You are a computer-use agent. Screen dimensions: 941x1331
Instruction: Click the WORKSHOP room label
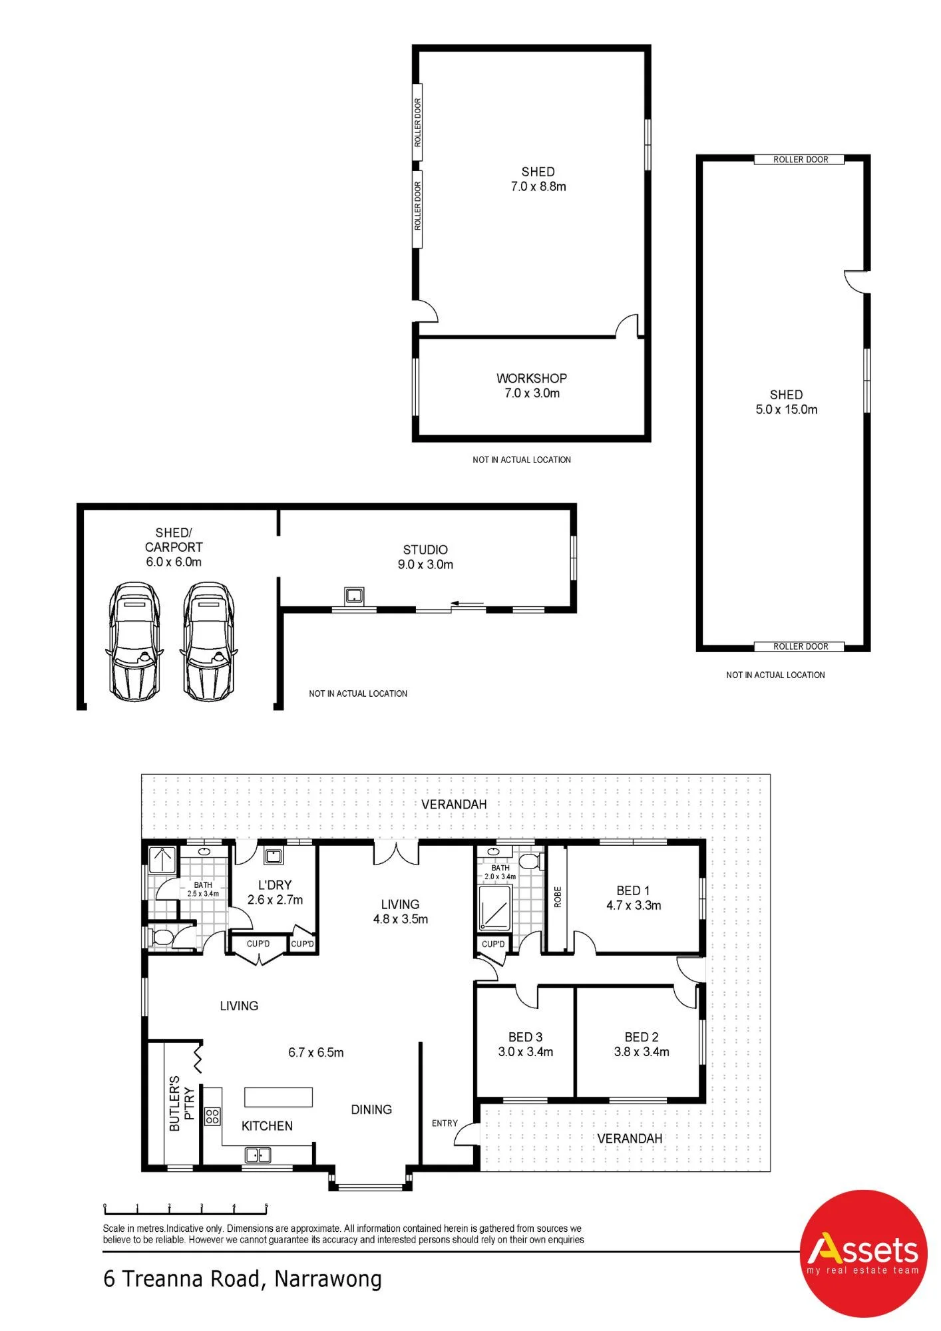532,378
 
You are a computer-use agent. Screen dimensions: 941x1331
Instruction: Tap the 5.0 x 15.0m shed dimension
787,409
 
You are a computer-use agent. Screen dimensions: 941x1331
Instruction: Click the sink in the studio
354,594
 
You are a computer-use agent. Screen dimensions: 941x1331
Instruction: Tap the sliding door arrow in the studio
467,605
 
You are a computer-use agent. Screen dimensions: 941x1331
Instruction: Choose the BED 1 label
633,890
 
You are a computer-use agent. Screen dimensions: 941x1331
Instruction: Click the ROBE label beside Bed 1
558,896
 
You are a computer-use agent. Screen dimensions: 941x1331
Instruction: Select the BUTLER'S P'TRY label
181,1103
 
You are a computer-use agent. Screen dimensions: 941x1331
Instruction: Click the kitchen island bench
278,1097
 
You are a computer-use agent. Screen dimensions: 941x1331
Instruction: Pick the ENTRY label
445,1123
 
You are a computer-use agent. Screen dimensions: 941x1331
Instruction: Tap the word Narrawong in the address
328,1280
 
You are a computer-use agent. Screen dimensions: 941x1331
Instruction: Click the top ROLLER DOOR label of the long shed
801,160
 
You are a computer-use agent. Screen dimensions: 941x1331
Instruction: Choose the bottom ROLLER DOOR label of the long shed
801,646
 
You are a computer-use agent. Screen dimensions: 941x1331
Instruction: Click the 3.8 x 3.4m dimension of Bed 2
642,1052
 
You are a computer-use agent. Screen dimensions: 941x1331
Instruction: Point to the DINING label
371,1109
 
